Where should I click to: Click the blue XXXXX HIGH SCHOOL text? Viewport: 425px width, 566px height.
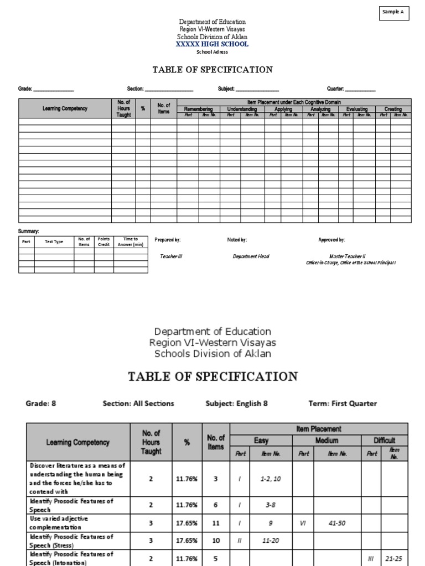(212, 44)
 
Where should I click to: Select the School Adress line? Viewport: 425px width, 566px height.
(212, 52)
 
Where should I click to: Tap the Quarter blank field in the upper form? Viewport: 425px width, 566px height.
(360, 88)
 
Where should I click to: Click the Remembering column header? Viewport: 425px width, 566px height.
(198, 109)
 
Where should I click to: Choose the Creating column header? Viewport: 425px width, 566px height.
(393, 109)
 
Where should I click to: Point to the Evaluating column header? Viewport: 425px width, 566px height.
(357, 109)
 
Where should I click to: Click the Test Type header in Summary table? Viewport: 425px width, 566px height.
(54, 242)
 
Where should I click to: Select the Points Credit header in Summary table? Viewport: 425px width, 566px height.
(103, 242)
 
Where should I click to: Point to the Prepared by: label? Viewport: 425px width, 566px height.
(168, 240)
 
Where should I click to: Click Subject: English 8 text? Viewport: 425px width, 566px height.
(236, 403)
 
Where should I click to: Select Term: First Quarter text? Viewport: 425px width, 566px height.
(343, 403)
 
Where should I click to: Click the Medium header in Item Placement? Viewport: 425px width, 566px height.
(326, 441)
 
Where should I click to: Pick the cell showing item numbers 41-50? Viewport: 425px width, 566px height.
(334, 523)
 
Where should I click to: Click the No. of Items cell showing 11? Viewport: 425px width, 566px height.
(216, 523)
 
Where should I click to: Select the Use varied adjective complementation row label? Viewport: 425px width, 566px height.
(59, 523)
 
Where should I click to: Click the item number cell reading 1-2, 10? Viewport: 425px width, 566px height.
(271, 479)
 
